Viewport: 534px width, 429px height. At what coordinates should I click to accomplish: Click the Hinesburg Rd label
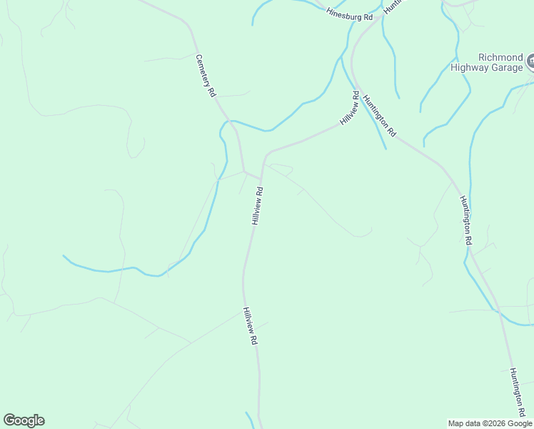pos(350,14)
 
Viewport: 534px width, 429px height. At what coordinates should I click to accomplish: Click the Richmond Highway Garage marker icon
pos(530,62)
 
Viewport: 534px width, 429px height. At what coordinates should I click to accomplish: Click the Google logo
pos(24,420)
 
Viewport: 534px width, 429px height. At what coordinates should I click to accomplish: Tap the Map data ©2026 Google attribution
pos(490,423)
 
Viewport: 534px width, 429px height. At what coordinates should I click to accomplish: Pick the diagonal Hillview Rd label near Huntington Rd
pos(348,108)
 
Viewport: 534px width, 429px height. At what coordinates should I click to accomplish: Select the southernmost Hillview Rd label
pos(249,327)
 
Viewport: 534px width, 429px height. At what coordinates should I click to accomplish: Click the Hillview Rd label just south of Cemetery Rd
pos(258,206)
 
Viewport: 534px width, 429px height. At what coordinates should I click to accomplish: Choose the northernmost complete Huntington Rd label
pos(379,115)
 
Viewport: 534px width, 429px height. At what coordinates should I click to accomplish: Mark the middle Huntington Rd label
pos(466,220)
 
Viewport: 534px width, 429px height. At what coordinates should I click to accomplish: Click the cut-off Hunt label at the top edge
pos(393,7)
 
